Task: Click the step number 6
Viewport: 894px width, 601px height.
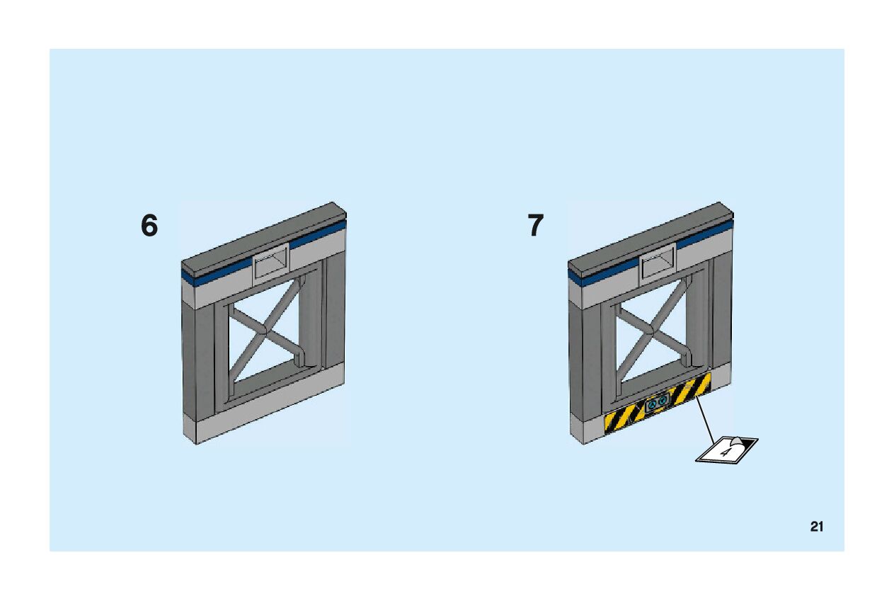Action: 149,227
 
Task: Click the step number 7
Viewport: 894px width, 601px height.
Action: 536,227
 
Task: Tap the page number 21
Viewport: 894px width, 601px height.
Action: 817,527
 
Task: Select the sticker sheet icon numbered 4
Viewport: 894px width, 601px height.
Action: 726,449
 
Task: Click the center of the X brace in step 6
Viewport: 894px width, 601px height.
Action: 263,330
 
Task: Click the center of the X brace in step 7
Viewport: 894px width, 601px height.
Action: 650,330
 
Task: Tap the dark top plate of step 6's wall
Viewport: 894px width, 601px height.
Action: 262,237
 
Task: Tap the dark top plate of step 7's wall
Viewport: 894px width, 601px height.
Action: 648,237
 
